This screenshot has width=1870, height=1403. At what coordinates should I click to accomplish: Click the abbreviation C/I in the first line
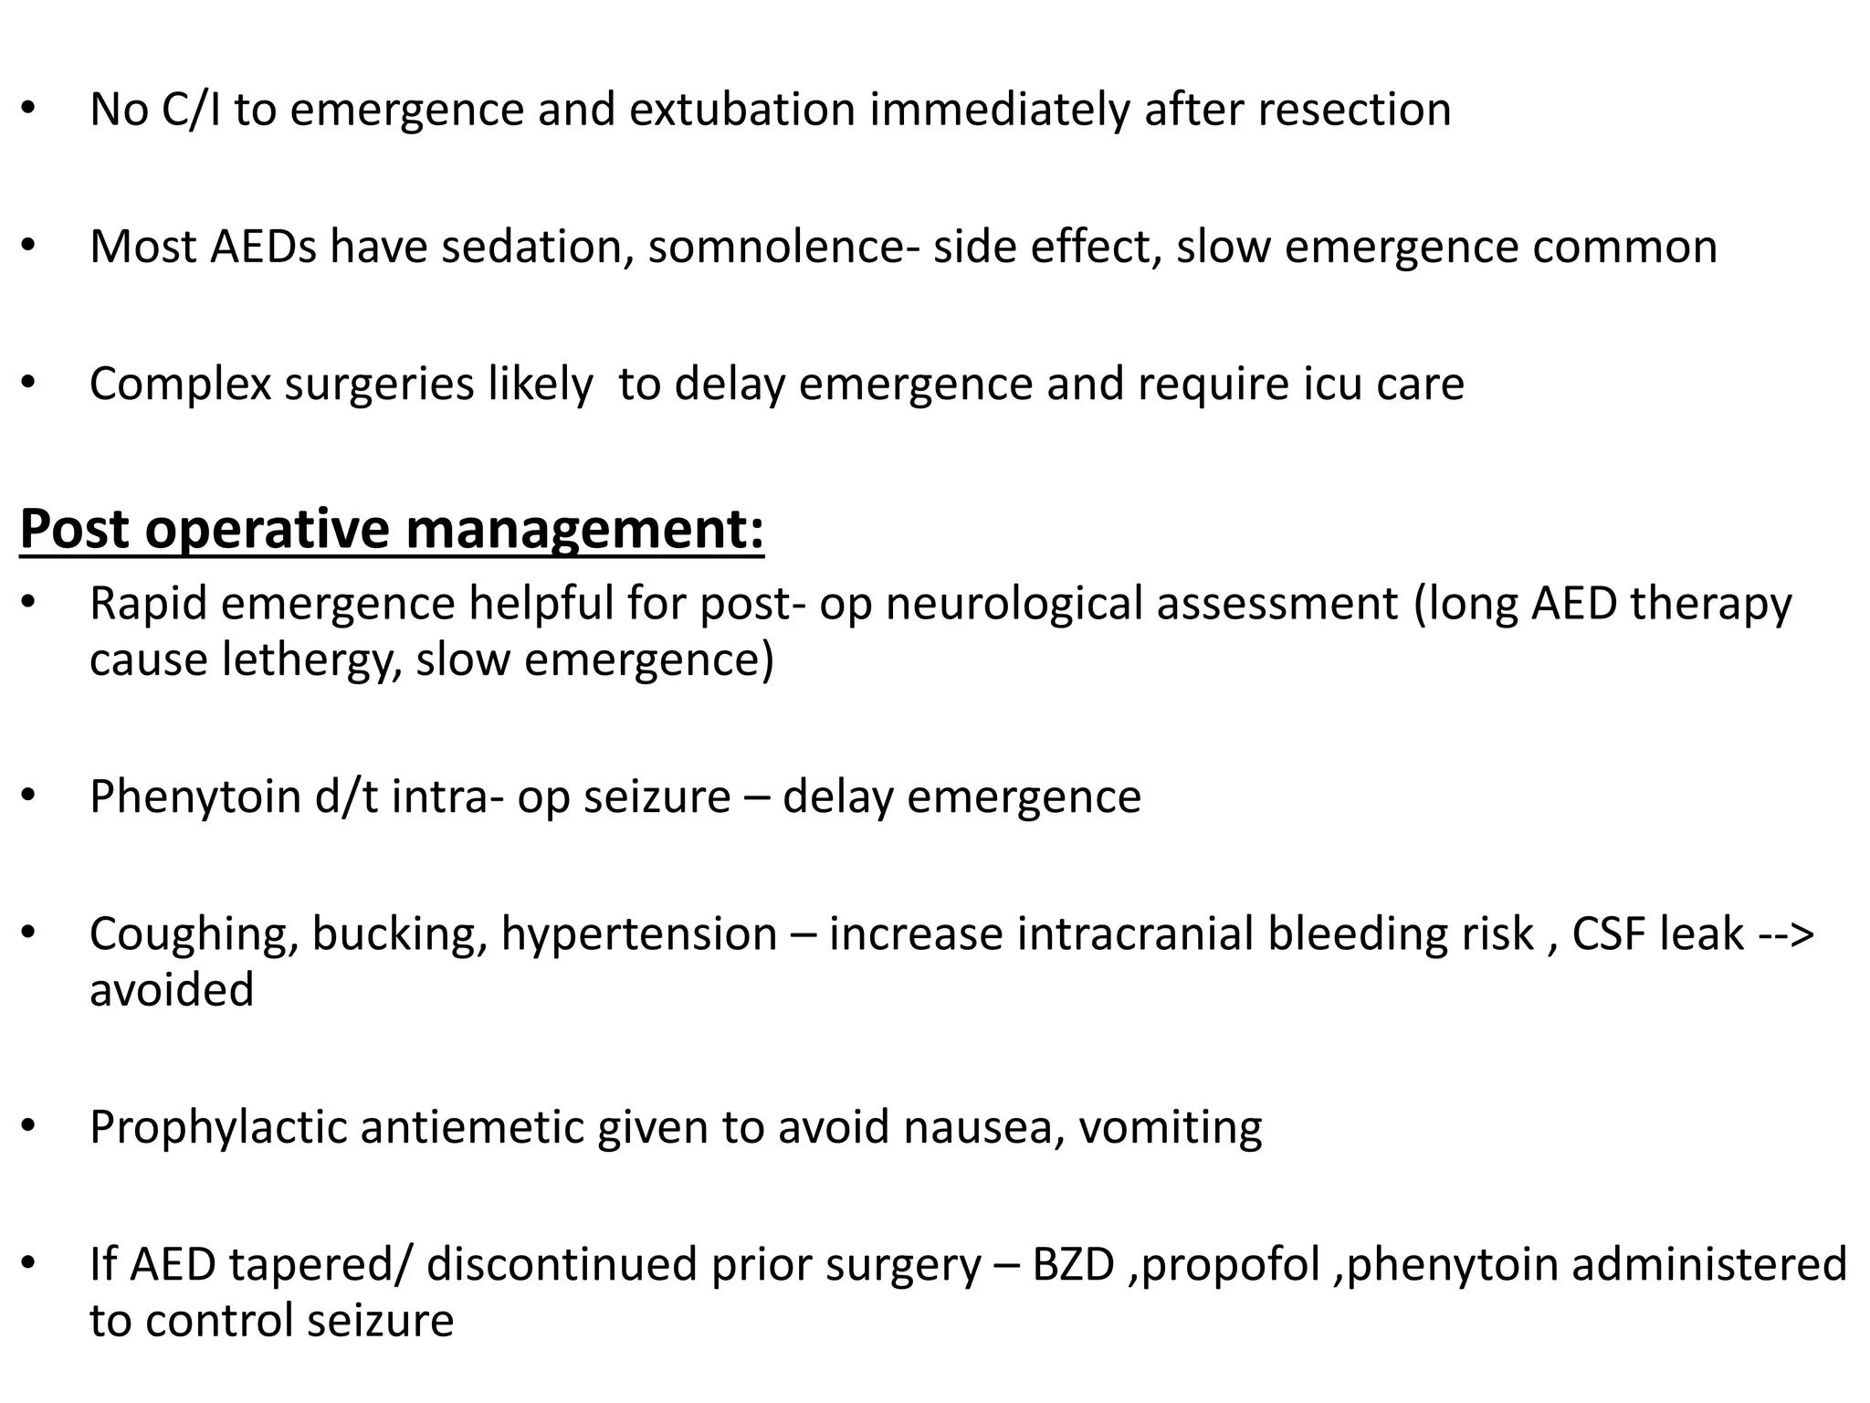tap(191, 110)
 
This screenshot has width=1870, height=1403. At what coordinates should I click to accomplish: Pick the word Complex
tap(180, 384)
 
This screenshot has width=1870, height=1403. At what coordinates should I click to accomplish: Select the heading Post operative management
tap(392, 529)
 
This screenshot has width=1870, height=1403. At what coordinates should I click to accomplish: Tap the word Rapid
tap(148, 605)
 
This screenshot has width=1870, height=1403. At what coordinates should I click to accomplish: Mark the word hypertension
tap(639, 935)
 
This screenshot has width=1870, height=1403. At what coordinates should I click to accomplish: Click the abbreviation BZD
tap(1073, 1266)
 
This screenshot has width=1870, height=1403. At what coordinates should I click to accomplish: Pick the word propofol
tap(1230, 1266)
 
